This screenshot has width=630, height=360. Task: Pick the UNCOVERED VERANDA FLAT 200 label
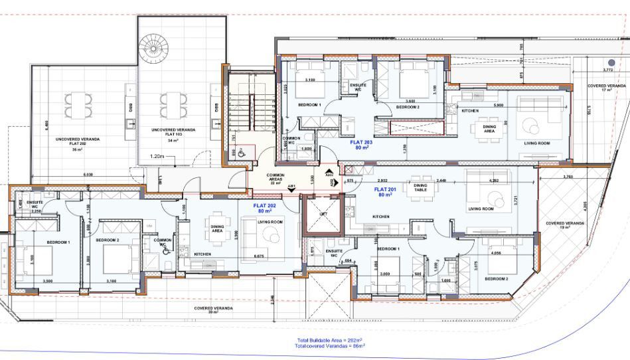[78, 143]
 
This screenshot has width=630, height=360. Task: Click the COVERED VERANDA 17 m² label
[607, 88]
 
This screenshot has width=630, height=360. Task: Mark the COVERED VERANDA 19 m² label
[565, 225]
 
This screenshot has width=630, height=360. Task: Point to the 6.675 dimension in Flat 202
[259, 255]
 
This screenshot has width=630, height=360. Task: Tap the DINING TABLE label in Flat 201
[420, 187]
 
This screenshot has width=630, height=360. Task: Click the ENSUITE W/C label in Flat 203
[354, 86]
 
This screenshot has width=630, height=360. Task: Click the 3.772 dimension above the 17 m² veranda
[607, 70]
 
